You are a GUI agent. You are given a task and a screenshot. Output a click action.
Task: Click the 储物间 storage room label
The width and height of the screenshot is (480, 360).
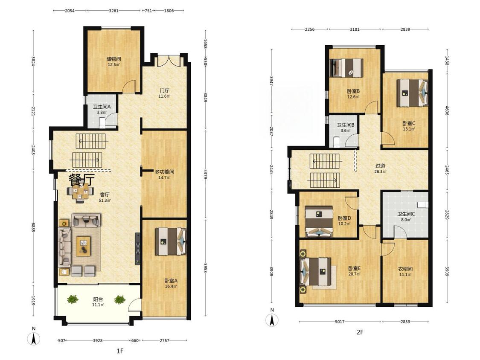tap(113, 59)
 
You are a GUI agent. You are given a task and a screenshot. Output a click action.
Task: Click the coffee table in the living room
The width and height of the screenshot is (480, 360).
tap(83, 246)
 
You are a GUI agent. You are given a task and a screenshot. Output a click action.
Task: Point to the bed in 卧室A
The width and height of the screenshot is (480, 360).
tap(171, 241)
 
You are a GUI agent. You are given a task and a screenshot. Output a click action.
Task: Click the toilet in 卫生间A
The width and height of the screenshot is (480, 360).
tap(102, 123)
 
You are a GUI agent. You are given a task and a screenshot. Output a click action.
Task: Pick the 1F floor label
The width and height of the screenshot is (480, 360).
tap(120, 351)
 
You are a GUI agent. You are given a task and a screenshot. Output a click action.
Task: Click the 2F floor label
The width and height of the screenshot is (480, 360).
tap(360, 332)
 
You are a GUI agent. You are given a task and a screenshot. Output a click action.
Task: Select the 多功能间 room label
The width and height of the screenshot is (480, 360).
tap(164, 172)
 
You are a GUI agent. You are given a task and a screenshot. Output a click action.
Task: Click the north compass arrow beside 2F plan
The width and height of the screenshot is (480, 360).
tap(272, 320)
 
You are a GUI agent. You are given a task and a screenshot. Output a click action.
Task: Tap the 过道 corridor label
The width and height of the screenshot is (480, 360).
tap(380, 166)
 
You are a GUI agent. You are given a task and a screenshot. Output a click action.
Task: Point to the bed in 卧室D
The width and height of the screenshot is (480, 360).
tap(319, 222)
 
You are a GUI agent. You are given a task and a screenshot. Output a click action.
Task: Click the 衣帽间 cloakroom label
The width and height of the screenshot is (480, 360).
tap(405, 269)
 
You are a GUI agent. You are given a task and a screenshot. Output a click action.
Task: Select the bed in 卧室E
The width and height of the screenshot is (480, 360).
tap(316, 271)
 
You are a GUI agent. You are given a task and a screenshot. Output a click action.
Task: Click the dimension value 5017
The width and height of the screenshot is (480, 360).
tap(340, 322)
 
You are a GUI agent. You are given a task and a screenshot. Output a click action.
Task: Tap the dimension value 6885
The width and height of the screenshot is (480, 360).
tap(33, 227)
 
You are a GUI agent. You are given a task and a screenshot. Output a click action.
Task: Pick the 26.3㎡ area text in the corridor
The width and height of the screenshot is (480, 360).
tap(380, 172)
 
